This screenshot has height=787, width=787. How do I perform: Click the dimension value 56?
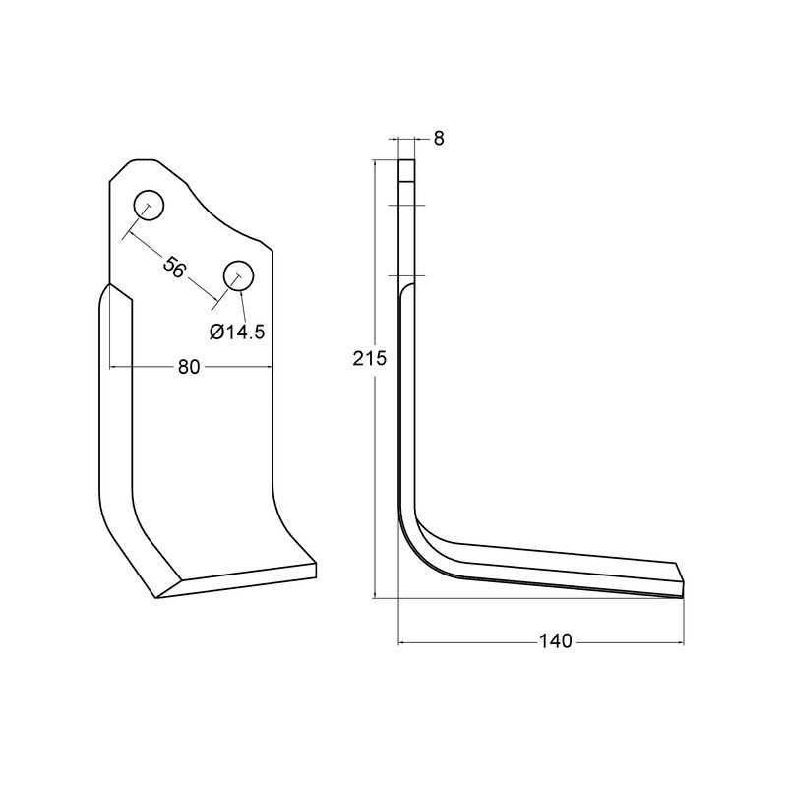[173, 268]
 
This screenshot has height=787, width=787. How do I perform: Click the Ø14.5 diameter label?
[238, 332]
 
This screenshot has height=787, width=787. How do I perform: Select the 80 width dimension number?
[190, 367]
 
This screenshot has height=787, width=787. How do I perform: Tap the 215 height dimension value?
[369, 359]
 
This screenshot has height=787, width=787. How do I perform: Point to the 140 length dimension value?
[556, 641]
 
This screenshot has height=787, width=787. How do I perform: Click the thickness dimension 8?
[439, 139]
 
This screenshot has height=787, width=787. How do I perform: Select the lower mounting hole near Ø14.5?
[238, 276]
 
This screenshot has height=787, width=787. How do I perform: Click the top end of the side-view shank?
[407, 164]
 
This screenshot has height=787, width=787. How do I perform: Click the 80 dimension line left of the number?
[143, 367]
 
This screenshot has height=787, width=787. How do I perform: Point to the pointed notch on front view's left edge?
[110, 286]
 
